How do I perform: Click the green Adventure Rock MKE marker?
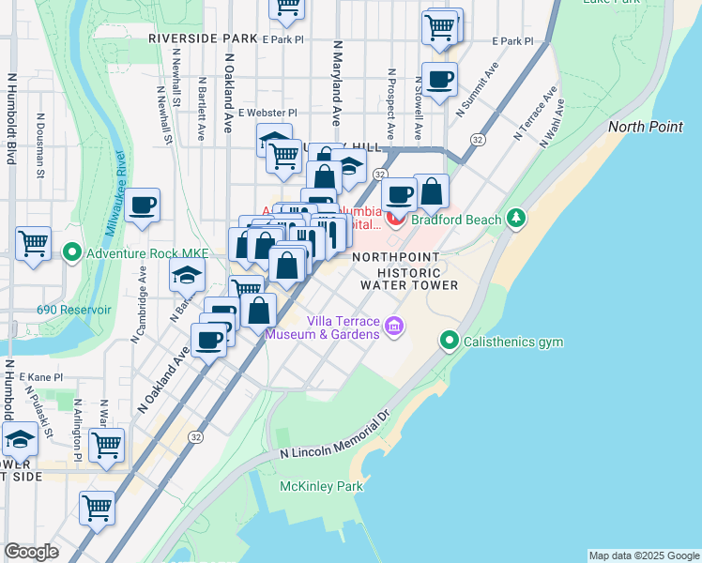coord(71,252)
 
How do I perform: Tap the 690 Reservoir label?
coord(73,310)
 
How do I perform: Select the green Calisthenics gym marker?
coord(450,342)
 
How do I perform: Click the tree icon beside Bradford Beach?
coord(515,219)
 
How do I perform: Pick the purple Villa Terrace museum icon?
coord(394,326)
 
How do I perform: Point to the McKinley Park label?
coord(321,487)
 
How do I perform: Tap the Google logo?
coord(31,552)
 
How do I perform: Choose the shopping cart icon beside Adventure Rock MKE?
coord(34,243)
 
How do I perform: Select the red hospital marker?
coord(395,221)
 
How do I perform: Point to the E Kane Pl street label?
coord(41,377)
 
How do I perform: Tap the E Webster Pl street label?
coord(267,113)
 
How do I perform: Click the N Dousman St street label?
coord(40,146)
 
